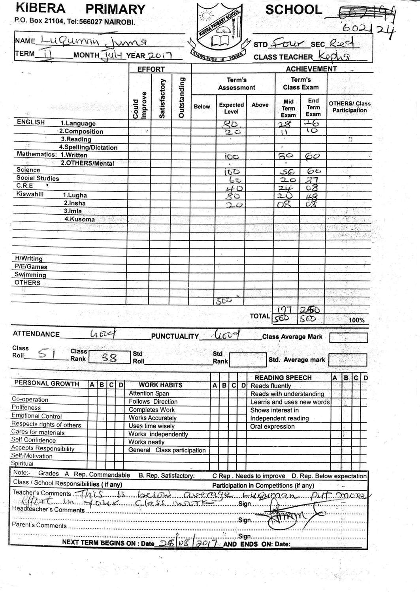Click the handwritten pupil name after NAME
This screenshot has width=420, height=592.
(94, 40)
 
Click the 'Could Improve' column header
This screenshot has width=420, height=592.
(140, 105)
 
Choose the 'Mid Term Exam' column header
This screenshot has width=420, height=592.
(288, 108)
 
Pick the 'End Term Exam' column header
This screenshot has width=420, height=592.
(313, 107)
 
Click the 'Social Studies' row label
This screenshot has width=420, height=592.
(38, 178)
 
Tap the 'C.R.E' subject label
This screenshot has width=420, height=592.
(25, 186)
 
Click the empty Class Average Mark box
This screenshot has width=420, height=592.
(348, 338)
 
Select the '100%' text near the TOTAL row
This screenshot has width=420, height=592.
(356, 320)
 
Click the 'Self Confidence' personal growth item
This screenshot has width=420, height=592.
(34, 440)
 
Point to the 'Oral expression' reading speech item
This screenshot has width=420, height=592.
(272, 427)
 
